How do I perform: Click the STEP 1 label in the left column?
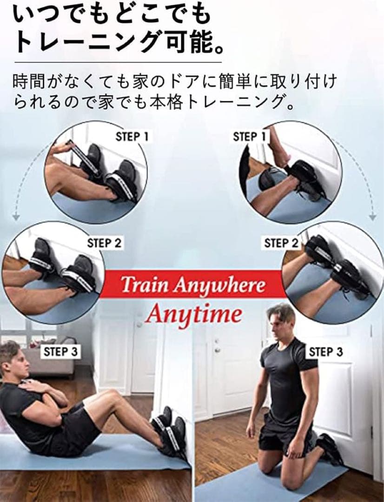tap(132, 137)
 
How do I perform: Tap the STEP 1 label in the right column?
tap(250, 137)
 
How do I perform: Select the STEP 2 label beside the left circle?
tap(105, 243)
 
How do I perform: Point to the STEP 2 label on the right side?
tap(281, 243)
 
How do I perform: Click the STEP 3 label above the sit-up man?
tap(60, 352)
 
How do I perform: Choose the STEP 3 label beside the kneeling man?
tap(326, 352)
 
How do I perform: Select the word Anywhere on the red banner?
tap(219, 285)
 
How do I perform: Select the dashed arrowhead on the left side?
tap(15, 217)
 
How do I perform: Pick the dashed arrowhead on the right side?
tap(372, 217)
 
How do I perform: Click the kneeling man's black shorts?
tap(285, 436)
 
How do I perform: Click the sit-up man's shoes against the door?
tap(170, 429)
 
